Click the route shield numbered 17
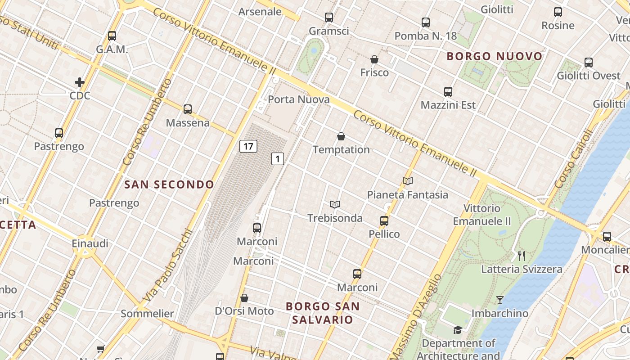tap(248, 146)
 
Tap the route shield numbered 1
tap(278, 158)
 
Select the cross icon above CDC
tap(80, 82)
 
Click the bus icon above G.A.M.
tap(112, 36)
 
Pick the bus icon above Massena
tap(188, 109)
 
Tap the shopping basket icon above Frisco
tap(374, 59)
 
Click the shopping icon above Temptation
tap(341, 136)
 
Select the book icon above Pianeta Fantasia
tap(408, 181)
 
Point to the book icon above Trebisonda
tap(334, 205)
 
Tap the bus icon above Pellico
tap(384, 220)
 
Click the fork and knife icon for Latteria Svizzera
tap(522, 256)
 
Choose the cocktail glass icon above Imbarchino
tap(499, 300)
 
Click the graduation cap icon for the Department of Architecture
tap(458, 330)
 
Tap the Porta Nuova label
tap(299, 99)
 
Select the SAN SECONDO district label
tap(169, 184)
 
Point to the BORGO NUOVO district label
tap(495, 57)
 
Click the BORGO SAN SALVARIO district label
tap(322, 313)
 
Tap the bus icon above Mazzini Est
tap(448, 92)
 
